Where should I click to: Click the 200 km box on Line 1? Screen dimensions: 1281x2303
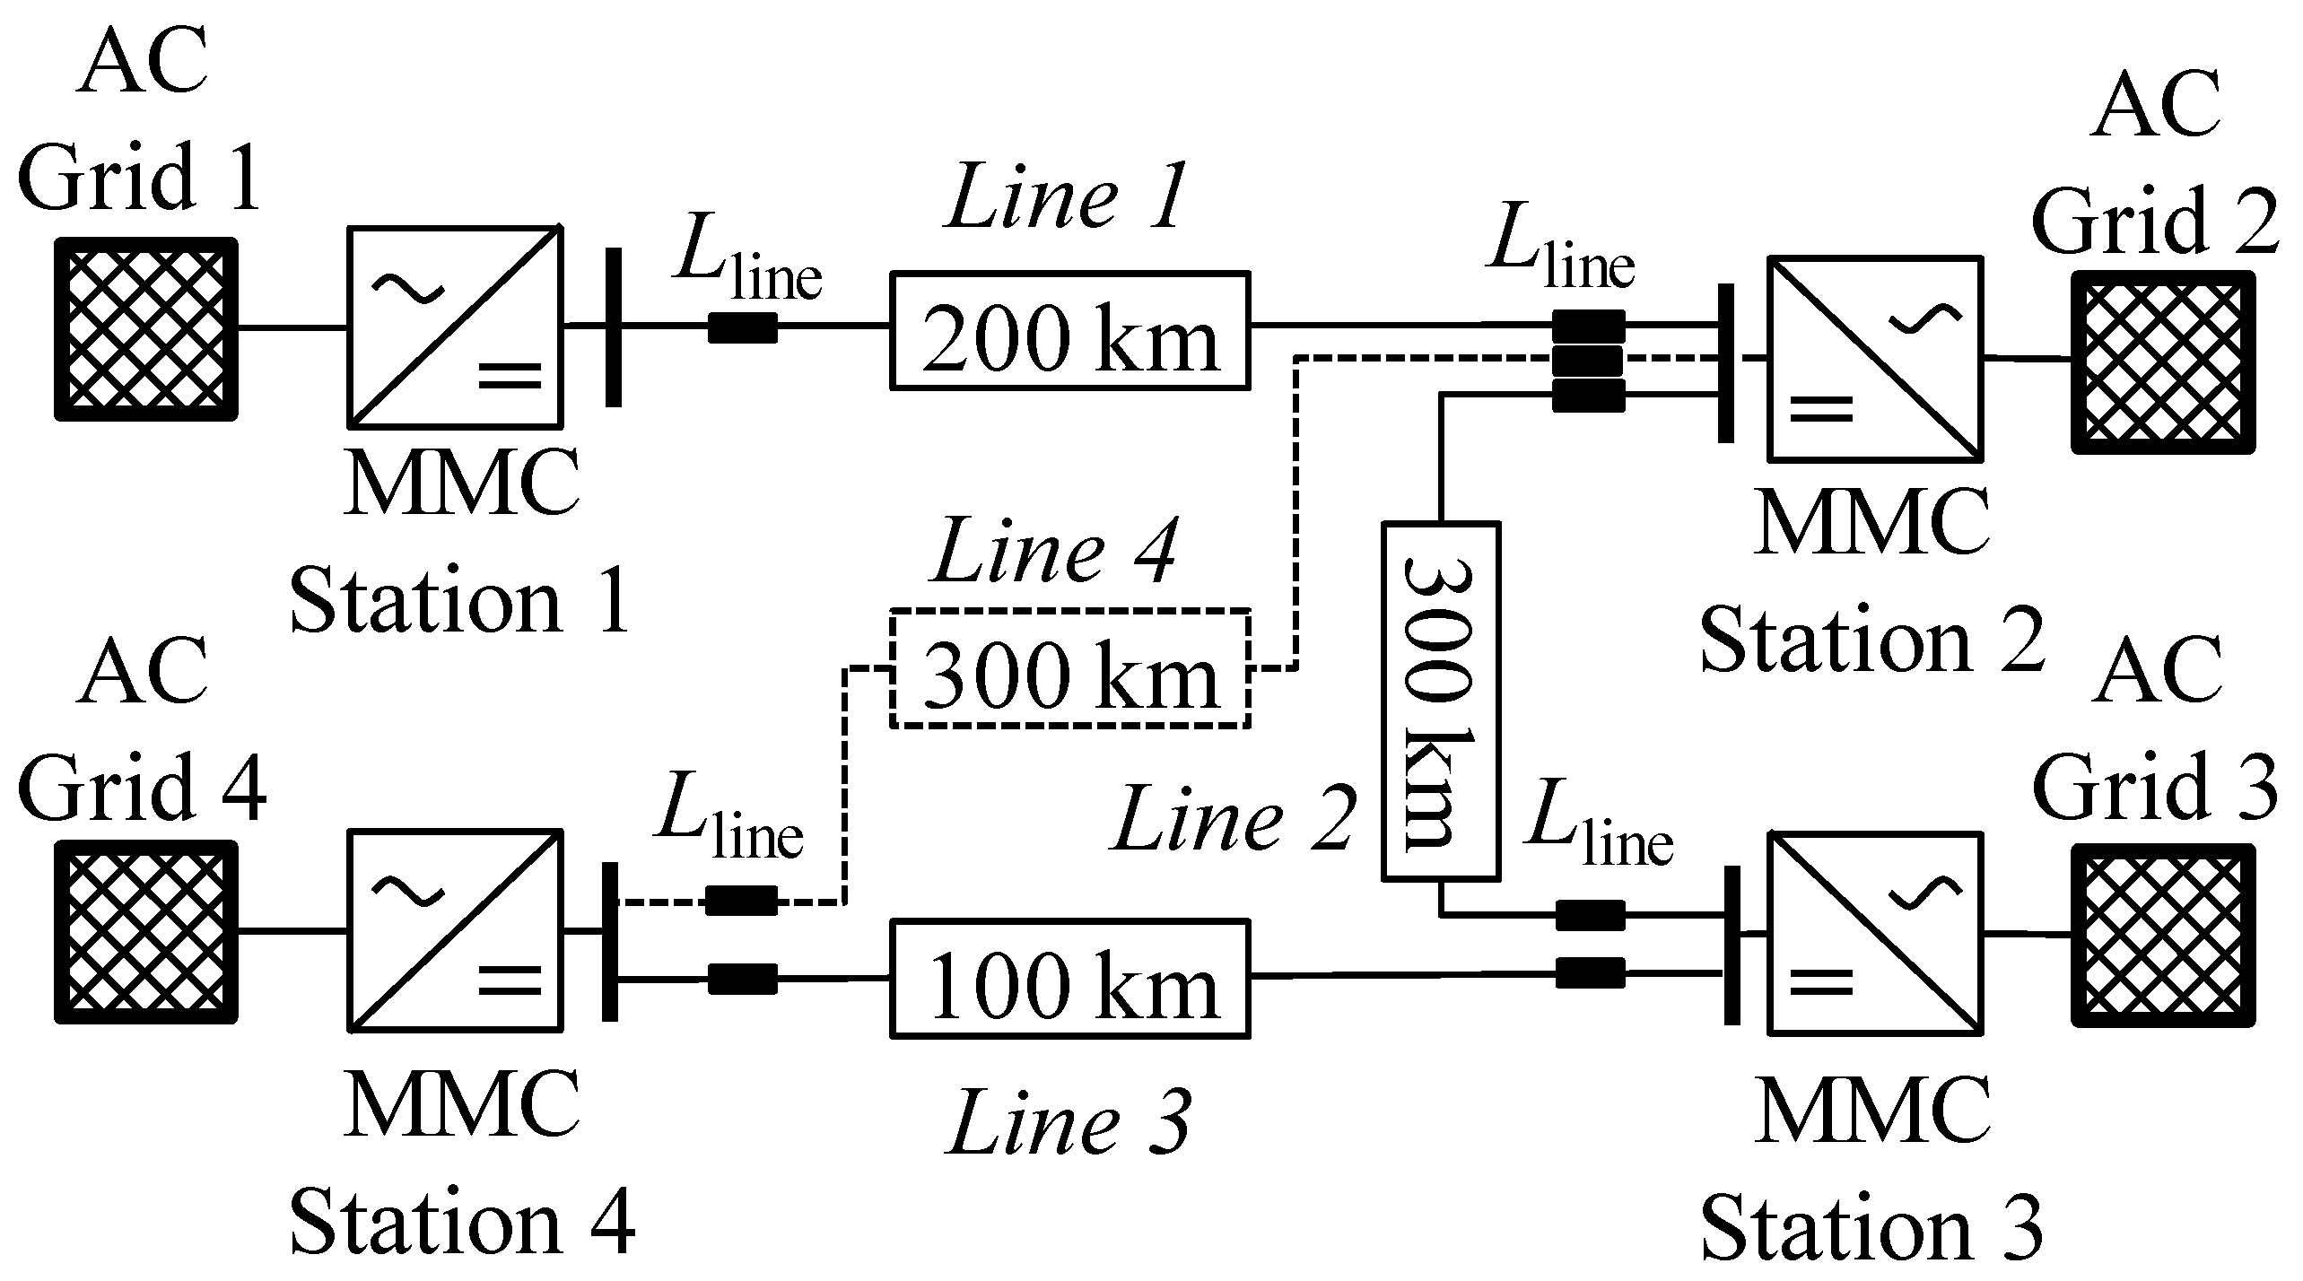1069,330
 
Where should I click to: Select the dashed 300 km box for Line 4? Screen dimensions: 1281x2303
1069,667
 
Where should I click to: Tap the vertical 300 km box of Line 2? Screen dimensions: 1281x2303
1439,700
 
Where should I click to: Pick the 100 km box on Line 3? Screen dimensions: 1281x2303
1069,978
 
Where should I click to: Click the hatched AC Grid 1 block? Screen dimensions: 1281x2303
146,328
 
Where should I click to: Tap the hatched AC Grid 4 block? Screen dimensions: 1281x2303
146,931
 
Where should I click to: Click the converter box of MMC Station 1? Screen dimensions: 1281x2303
456,327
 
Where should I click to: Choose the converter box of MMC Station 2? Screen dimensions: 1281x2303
1875,359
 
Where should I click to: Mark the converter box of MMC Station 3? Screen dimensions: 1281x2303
1875,933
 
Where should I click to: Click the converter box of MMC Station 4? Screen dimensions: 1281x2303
456,930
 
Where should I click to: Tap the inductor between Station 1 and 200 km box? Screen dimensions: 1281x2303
743,327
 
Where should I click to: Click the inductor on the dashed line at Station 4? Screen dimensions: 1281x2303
741,901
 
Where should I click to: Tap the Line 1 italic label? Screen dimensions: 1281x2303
1066,197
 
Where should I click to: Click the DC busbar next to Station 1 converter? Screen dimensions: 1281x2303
613,327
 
